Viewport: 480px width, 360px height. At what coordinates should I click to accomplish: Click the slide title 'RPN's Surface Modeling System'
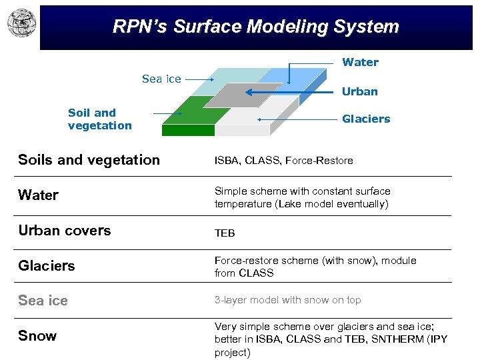(256, 27)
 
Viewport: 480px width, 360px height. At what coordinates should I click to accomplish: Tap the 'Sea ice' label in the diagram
(161, 79)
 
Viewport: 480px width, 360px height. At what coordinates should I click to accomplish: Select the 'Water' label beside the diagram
(360, 62)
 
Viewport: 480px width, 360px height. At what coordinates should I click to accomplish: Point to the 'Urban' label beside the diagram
(359, 91)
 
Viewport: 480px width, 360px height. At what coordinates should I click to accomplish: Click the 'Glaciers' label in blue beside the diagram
(366, 119)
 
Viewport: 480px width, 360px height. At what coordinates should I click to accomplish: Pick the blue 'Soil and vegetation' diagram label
(100, 119)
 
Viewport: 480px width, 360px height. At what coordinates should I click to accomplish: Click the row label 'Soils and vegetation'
(89, 159)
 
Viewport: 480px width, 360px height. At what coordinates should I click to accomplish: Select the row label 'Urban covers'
(65, 230)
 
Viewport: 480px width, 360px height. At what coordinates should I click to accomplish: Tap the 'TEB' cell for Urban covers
(225, 233)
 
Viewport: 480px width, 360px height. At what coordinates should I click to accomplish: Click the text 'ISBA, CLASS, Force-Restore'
(283, 160)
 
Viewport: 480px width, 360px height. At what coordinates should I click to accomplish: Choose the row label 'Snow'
(37, 335)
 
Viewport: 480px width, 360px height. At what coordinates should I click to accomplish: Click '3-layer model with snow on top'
(287, 300)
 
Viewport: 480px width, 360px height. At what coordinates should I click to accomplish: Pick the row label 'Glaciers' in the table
(47, 265)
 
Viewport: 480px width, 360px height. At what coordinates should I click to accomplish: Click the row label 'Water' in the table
(39, 195)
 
